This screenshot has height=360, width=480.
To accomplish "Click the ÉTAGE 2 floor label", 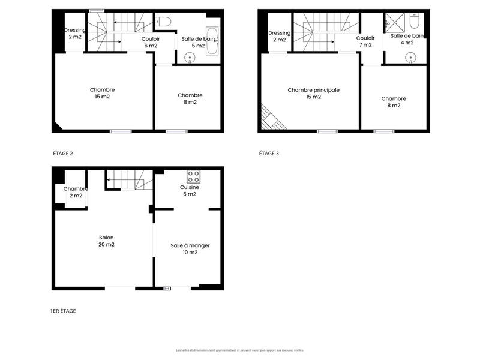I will (63, 154).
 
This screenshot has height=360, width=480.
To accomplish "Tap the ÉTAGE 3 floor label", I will (269, 154).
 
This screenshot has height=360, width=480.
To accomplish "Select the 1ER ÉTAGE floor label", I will (63, 311).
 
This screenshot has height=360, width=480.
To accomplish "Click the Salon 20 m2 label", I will (106, 241).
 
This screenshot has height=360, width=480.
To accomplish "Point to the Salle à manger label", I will (190, 249).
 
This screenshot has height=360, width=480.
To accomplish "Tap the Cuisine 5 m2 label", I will (189, 191).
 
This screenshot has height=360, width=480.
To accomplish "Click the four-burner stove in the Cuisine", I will (193, 177).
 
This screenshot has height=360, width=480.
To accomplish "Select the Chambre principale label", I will (313, 94).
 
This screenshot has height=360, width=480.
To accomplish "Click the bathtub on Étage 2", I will (212, 41).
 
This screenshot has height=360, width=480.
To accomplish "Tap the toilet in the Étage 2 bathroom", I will (164, 22).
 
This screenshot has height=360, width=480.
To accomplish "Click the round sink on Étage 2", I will (190, 59).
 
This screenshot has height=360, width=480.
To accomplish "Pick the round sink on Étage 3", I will (410, 59).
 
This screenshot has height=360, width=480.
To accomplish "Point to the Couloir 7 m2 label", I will (365, 41).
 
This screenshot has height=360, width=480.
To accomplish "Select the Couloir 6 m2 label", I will (151, 42).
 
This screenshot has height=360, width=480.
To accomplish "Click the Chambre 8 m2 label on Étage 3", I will (394, 102).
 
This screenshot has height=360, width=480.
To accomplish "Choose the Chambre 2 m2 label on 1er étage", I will (76, 192).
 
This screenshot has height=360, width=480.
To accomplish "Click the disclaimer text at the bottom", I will (240, 350).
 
